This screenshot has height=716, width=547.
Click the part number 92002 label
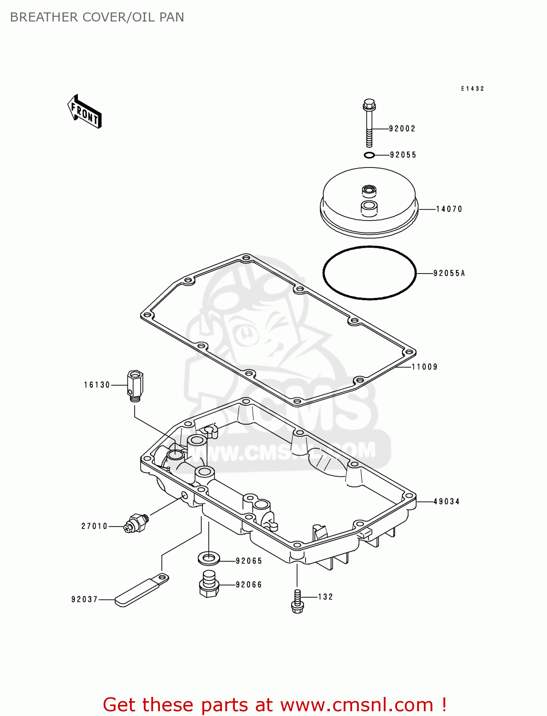402,128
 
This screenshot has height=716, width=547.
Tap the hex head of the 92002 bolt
369,104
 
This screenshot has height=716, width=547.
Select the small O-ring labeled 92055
369,155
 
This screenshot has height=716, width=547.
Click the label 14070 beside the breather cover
449,209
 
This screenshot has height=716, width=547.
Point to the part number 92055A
449,274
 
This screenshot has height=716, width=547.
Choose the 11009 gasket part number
424,367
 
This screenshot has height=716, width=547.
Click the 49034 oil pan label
446,502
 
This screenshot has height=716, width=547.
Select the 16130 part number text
97,385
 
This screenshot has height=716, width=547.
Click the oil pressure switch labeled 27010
136,523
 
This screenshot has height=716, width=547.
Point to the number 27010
94,526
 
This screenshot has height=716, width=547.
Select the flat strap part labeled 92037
141,590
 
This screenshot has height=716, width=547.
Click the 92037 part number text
84,600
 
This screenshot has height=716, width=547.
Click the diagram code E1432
473,89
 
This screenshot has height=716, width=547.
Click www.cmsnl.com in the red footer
356,705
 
